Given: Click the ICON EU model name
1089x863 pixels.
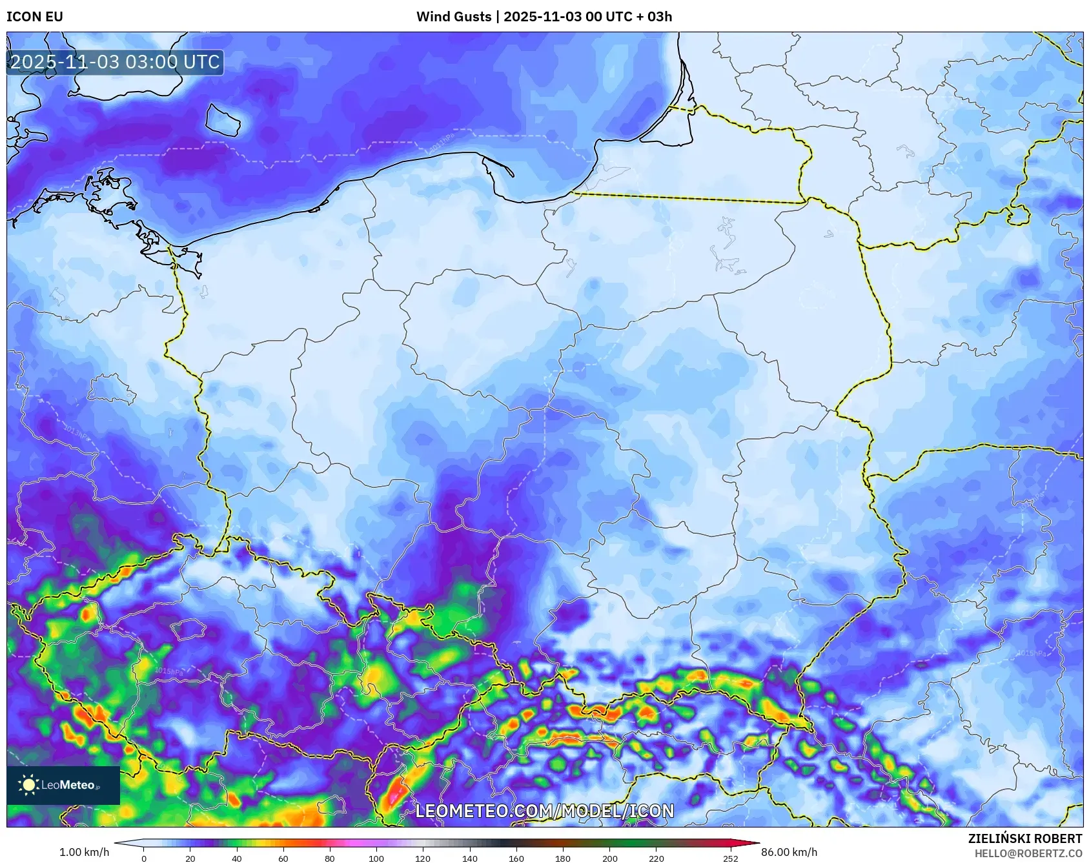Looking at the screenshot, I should point(35,17).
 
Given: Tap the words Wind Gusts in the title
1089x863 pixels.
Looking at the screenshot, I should point(453,17).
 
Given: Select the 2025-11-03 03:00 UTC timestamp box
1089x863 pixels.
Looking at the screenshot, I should point(115,62).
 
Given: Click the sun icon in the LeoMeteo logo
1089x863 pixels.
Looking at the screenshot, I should point(28,785).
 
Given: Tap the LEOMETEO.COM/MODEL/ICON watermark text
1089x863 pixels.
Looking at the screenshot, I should point(544,811).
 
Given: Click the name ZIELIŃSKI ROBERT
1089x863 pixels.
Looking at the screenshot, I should point(1024,838).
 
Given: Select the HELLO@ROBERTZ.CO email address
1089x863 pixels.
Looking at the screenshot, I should point(1028,853).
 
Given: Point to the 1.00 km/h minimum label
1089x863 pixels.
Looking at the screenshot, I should point(84,852).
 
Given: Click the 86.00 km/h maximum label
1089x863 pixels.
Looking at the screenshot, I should point(789,852).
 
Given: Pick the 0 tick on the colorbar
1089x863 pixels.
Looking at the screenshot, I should point(143,858).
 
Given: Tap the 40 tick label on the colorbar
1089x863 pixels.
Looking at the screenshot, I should point(237,858).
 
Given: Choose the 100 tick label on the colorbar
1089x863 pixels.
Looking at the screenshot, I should point(376,858).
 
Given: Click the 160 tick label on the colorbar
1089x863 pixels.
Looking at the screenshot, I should point(516,858).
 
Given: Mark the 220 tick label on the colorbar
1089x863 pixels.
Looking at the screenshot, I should point(656,858).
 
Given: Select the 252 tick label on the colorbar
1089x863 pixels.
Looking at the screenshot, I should point(730,858).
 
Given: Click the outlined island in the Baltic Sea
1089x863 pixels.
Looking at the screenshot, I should point(223,121).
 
